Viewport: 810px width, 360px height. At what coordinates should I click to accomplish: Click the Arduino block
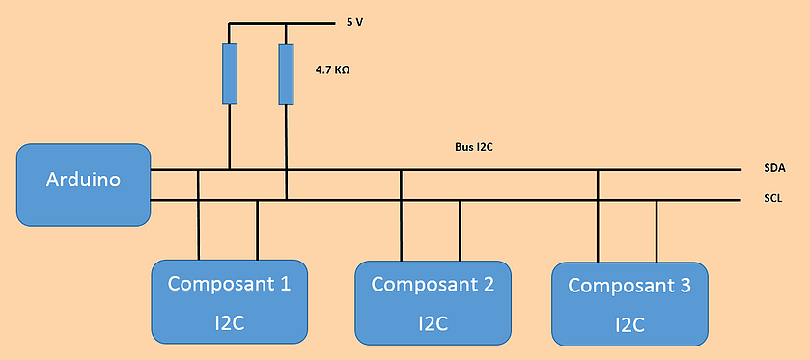[83, 184]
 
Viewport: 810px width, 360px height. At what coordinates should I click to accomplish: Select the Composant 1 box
[230, 302]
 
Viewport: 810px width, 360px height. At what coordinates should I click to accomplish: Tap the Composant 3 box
[629, 304]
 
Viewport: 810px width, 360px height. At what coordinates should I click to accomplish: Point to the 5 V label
[355, 23]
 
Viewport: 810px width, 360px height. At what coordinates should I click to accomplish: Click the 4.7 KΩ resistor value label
[332, 69]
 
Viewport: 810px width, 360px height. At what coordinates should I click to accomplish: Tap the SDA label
[774, 168]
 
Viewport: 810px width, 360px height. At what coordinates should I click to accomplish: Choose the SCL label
[773, 198]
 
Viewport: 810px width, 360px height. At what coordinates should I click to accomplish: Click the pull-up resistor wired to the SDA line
[230, 74]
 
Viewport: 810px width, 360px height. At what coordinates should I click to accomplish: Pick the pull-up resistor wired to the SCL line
[286, 74]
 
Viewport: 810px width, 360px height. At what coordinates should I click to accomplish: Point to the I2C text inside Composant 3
[629, 325]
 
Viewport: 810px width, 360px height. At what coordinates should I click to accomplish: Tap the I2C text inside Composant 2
[433, 323]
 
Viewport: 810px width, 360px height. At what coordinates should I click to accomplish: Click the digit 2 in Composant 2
[488, 284]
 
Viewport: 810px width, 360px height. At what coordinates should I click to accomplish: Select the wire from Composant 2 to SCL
[460, 231]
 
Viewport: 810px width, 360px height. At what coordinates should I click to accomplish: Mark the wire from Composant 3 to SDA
[598, 215]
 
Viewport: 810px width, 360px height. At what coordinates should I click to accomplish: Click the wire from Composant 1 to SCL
[257, 230]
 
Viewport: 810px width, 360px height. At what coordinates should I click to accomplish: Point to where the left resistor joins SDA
[230, 169]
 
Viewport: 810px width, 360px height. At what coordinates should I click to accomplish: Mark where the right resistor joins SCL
[287, 200]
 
